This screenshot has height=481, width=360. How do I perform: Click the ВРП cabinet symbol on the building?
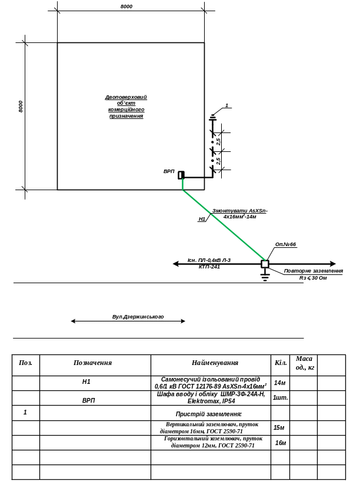[x=181, y=175]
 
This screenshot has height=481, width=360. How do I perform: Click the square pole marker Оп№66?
[x=265, y=264]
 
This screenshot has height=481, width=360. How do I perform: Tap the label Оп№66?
[x=286, y=244]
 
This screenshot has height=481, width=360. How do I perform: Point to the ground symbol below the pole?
[x=265, y=277]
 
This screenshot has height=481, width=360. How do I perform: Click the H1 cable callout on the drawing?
[x=202, y=219]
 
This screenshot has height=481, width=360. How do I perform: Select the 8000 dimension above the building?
[x=126, y=6]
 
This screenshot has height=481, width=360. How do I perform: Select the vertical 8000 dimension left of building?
[x=21, y=107]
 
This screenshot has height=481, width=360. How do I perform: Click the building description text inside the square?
[x=126, y=107]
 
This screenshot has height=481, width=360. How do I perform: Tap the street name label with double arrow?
[x=138, y=317]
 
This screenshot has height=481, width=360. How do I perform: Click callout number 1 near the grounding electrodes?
[x=226, y=106]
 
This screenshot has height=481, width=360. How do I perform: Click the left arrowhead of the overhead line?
[x=175, y=264]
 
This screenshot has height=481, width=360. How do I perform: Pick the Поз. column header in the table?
[x=25, y=363]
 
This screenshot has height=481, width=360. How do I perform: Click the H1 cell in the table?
[x=86, y=382]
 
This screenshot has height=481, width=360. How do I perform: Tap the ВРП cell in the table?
[x=89, y=400]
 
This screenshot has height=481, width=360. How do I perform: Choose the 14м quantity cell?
[x=280, y=383]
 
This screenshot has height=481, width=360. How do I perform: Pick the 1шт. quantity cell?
[x=280, y=397]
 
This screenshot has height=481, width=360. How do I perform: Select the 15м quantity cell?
[x=279, y=427]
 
